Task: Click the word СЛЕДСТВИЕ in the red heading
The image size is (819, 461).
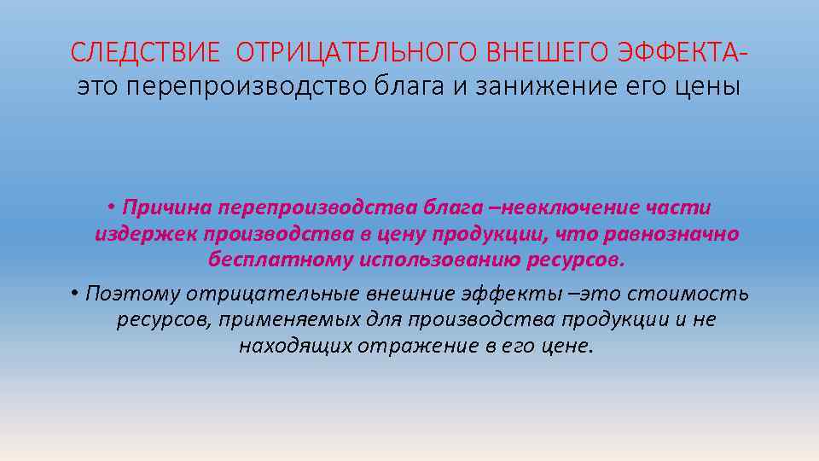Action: point(146,54)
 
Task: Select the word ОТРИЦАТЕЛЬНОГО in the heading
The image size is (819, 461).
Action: point(355,54)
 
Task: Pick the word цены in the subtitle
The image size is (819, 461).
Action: point(708,87)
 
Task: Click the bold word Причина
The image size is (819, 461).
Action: point(167,207)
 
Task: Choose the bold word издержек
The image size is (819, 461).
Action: point(144,233)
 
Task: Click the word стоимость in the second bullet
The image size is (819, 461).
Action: point(688,294)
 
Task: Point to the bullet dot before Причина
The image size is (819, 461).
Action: point(112,207)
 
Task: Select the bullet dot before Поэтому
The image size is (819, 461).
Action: point(75,294)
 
